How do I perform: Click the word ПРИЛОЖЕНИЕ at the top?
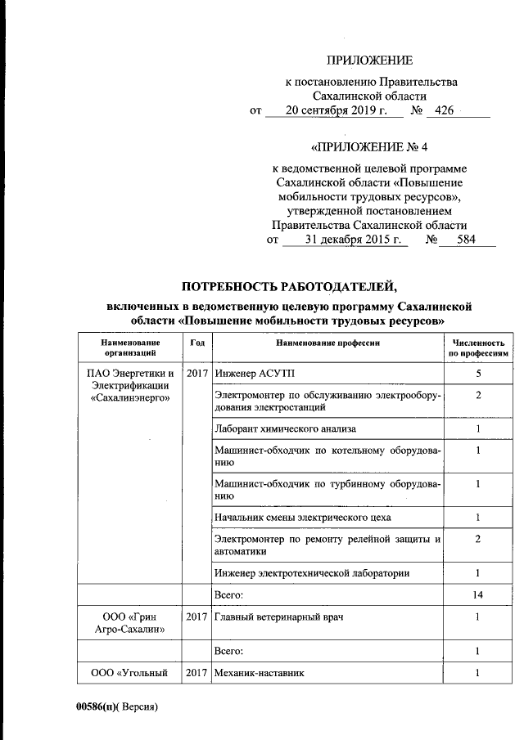[x=370, y=61]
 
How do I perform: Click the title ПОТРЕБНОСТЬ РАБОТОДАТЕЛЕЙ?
[x=288, y=285]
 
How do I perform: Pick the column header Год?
[x=196, y=343]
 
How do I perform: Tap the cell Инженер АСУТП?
[x=247, y=374]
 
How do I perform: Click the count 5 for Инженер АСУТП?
[x=477, y=374]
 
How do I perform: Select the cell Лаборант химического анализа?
[x=284, y=428]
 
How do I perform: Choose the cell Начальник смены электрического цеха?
[x=302, y=518]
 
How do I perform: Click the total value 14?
[x=477, y=596]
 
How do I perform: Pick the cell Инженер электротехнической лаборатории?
[x=311, y=573]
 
